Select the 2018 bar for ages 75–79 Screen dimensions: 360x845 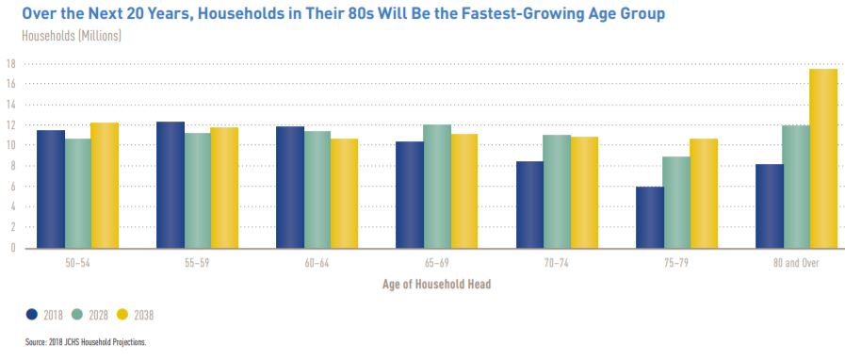click(649, 217)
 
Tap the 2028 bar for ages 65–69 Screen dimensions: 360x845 click(437, 186)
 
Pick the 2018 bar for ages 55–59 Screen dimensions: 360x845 click(170, 185)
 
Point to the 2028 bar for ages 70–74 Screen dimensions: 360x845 click(558, 191)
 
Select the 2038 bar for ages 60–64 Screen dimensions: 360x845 click(344, 193)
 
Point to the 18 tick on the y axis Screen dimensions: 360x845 click(10, 64)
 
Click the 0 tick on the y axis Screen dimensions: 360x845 click(12, 248)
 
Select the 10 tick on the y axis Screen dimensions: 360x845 click(10, 146)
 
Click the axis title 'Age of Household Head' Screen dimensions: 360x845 click(436, 284)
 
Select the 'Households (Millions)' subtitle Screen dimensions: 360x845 click(72, 36)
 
